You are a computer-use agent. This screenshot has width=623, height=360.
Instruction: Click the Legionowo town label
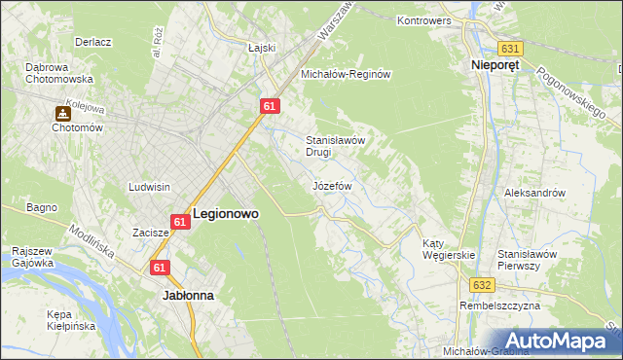(226, 212)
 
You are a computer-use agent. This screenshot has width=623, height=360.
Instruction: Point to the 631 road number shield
(510, 48)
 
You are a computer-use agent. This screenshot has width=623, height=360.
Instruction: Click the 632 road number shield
(484, 285)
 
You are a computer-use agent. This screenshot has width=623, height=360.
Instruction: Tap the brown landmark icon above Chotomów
(62, 113)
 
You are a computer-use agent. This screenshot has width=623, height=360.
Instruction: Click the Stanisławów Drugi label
(336, 146)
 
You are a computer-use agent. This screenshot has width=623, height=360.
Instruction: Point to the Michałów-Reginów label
(346, 75)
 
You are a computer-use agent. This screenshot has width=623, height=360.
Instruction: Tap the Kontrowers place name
(427, 19)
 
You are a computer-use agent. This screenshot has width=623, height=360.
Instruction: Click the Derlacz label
(95, 43)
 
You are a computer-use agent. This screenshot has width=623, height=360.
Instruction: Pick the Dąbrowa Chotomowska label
(58, 73)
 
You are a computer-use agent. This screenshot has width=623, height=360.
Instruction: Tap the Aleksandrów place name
(534, 193)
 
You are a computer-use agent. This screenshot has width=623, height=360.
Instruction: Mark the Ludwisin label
(150, 186)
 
